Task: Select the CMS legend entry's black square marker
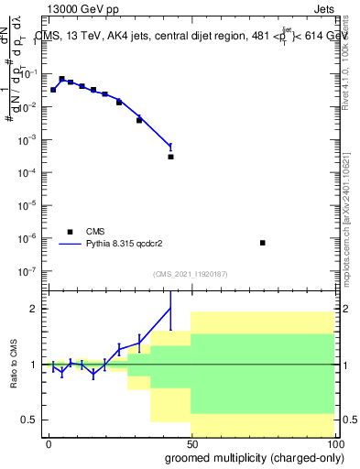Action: (69, 232)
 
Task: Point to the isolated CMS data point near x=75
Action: (263, 243)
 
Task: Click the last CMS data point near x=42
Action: (170, 157)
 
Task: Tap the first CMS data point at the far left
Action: (53, 90)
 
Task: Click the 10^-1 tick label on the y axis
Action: (30, 74)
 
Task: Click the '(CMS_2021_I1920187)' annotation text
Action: (190, 274)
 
